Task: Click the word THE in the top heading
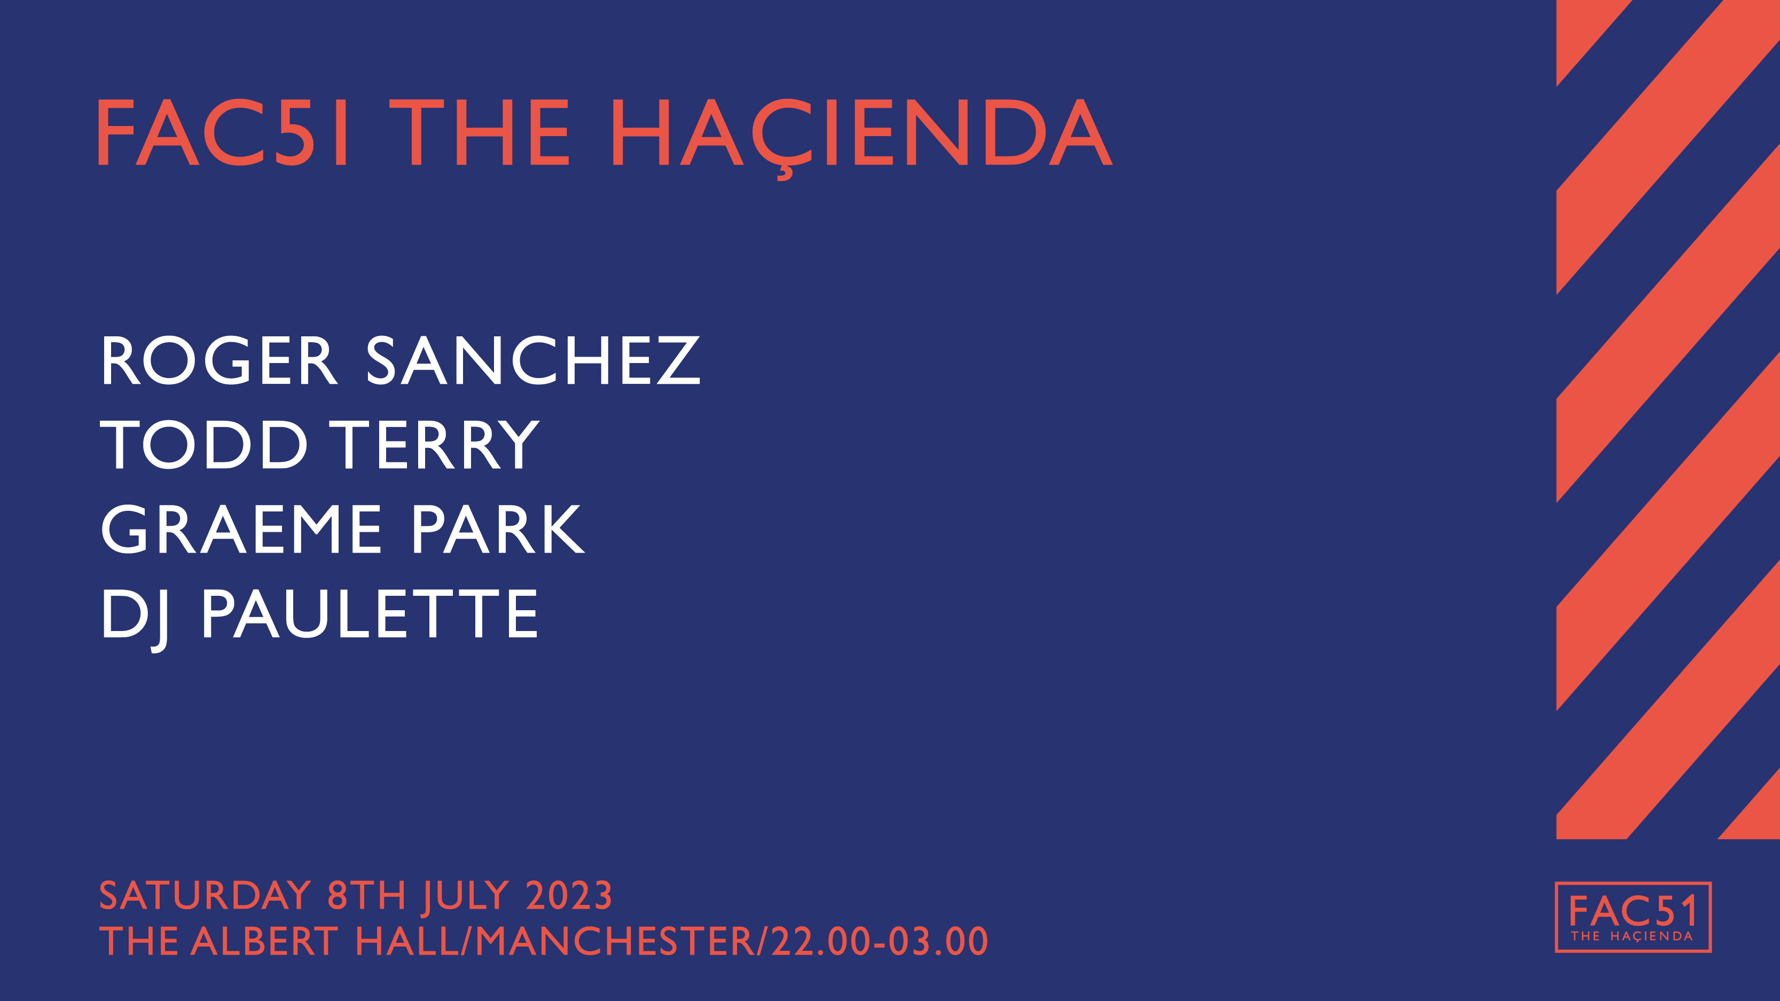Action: [480, 132]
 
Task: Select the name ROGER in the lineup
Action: [219, 360]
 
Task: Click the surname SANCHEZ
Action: [533, 360]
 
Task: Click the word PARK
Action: [498, 529]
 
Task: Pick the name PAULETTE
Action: [369, 613]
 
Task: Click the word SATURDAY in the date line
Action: [205, 895]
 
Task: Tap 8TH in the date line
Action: [366, 895]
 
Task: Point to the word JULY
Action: [466, 898]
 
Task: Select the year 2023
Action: [569, 895]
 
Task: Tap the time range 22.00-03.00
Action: [880, 941]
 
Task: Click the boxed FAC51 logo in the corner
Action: [1633, 917]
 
